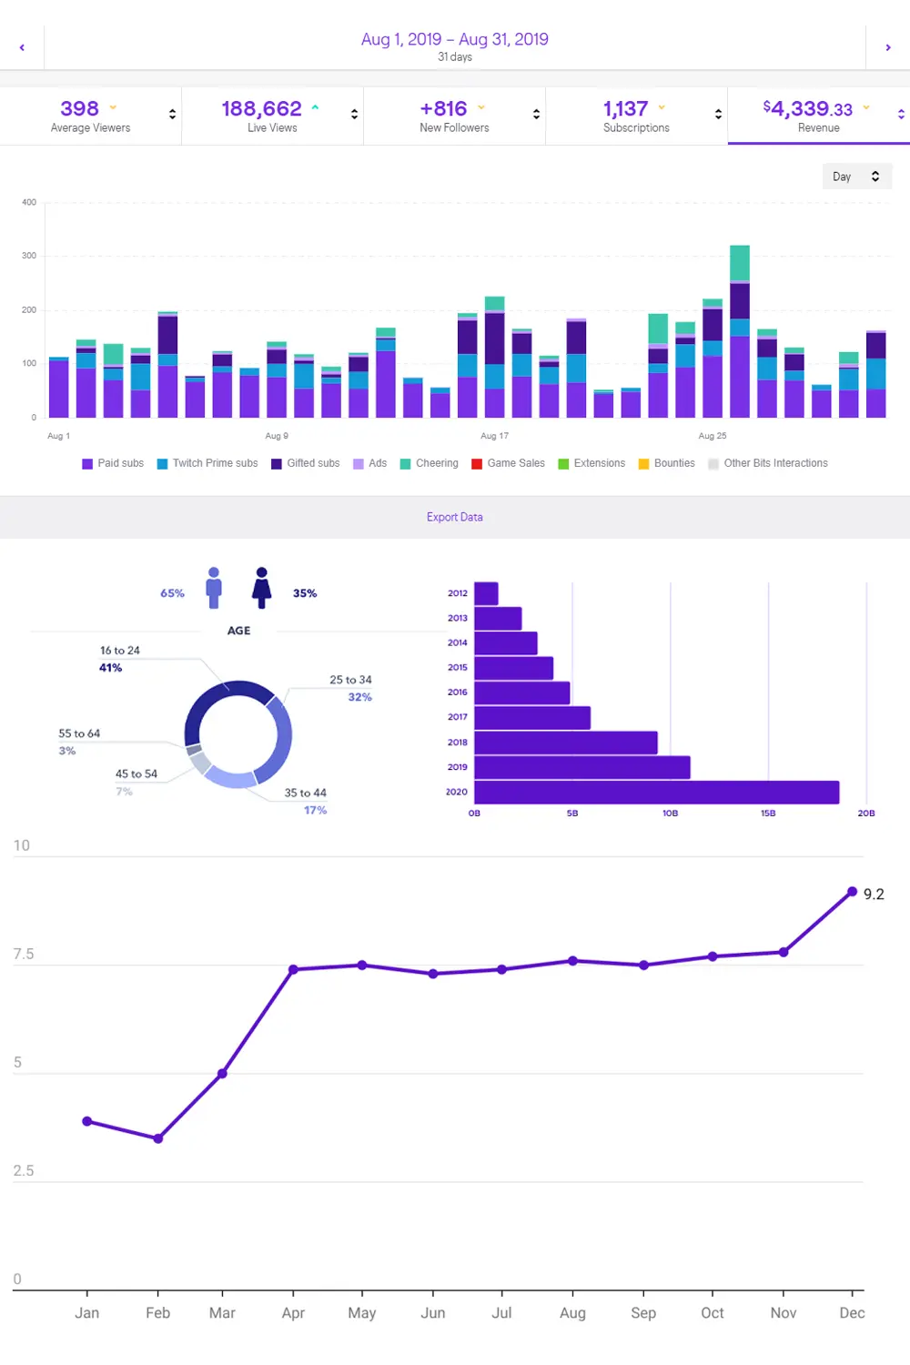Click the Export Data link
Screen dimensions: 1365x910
455,517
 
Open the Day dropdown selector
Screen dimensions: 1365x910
856,177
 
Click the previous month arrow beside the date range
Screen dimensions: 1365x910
22,47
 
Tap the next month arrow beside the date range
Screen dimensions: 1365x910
888,47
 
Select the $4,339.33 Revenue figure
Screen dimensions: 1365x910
807,109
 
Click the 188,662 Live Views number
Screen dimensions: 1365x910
261,109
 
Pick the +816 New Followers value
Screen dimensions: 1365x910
443,109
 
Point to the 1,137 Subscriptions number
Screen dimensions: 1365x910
625,109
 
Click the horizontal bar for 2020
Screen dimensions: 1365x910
656,793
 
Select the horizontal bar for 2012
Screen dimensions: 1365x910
486,593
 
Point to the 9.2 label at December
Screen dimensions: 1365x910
874,895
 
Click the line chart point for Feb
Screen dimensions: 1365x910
158,1138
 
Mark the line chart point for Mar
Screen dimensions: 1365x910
222,1074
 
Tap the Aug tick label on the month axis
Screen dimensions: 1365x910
572,1313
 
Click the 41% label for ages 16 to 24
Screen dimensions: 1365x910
110,668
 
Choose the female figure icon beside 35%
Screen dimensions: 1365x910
262,588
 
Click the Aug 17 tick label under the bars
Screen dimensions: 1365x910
494,436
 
